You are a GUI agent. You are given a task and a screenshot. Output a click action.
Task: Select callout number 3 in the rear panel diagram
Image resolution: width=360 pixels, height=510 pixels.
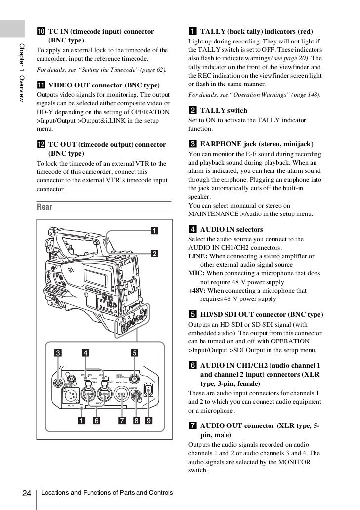[58, 353]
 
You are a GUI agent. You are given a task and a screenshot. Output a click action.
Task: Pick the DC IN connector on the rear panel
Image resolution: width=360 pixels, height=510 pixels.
[66, 395]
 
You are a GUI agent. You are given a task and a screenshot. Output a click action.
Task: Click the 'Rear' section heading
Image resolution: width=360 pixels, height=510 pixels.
[45, 206]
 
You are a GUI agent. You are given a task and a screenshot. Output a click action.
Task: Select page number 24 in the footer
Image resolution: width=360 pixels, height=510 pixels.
[26, 493]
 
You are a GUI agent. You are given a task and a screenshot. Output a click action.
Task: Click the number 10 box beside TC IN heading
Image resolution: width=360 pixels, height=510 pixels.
[41, 32]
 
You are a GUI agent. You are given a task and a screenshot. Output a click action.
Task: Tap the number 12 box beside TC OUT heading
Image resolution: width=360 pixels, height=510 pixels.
[41, 145]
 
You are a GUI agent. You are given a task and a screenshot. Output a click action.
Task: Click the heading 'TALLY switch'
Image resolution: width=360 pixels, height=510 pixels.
[223, 110]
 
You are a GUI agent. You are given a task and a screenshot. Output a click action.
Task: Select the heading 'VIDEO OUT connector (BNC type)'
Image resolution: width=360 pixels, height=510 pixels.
[104, 85]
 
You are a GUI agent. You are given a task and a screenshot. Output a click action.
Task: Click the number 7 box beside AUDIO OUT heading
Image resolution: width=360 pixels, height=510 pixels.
[193, 425]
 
